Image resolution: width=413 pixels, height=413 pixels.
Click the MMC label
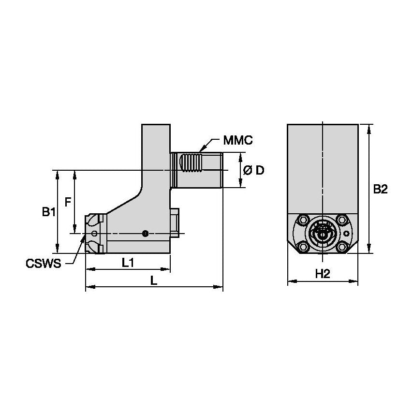(238, 141)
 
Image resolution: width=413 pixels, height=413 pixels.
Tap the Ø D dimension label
(253, 170)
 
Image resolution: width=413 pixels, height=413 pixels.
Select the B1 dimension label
(47, 212)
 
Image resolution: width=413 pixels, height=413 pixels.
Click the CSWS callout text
(43, 264)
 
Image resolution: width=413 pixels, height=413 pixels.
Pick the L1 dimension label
(128, 263)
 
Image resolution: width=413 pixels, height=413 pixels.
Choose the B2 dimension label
(380, 190)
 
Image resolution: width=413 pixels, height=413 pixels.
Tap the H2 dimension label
(323, 274)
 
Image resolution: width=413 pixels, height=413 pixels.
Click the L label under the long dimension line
(153, 281)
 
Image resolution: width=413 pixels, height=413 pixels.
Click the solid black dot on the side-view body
(145, 234)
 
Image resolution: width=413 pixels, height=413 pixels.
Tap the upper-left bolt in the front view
(303, 220)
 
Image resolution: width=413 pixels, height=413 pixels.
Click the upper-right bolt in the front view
(342, 220)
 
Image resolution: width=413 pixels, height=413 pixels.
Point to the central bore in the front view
(323, 234)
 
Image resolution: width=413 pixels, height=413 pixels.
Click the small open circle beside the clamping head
(94, 234)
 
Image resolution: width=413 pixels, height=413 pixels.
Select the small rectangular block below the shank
(175, 223)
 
